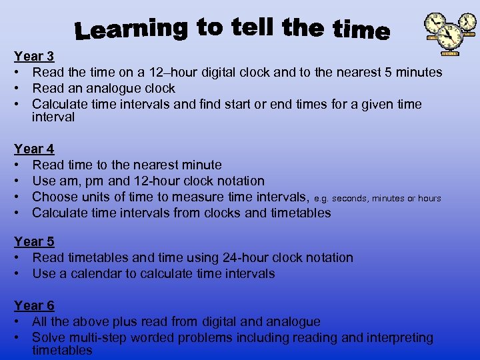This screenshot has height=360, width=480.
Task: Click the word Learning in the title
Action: point(131,29)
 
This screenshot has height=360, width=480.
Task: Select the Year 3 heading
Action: point(34,57)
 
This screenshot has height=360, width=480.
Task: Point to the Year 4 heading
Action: point(34,149)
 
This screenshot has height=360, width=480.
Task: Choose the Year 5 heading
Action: point(34,241)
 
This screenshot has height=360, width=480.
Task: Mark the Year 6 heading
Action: point(34,305)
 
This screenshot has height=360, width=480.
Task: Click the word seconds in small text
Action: point(350,199)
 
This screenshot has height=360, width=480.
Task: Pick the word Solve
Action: point(48,338)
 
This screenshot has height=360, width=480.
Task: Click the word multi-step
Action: point(95,338)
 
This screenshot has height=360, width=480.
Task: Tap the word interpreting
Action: point(400,338)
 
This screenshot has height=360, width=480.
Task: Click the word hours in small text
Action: point(429,199)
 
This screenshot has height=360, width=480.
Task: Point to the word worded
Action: point(152,338)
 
